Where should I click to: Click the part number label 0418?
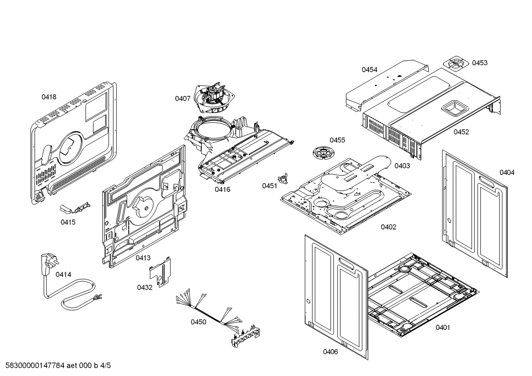click(x=49, y=97)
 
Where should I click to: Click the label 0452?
click(x=461, y=132)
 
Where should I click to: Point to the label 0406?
click(x=330, y=352)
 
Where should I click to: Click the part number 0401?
click(x=443, y=327)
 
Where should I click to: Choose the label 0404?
click(x=507, y=172)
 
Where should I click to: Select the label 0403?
click(x=402, y=166)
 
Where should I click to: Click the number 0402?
click(x=388, y=227)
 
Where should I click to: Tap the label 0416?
click(x=222, y=190)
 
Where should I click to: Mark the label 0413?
click(x=143, y=258)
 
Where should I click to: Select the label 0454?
click(x=369, y=70)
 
